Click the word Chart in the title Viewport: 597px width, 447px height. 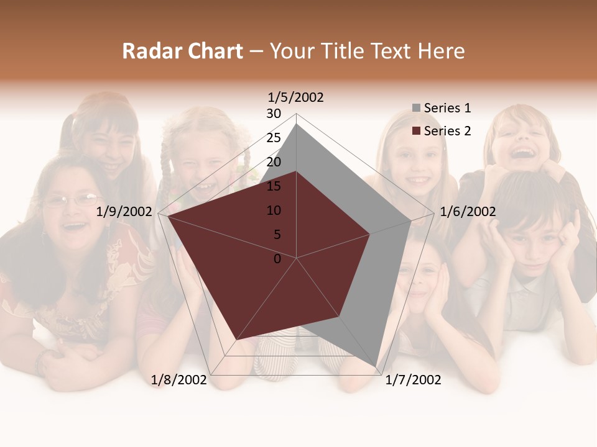point(215,51)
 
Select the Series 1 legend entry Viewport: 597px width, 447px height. point(447,108)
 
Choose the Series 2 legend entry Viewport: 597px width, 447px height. point(447,131)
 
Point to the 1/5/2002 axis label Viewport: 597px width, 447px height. point(296,97)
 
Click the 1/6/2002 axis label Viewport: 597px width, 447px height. point(468,212)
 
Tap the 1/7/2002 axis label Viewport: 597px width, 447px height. point(413,380)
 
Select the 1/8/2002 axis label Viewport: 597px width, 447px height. point(179,380)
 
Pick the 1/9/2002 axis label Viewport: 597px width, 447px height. point(124,212)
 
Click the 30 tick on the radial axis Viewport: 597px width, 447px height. point(274,114)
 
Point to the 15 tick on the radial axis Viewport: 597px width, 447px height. point(274,186)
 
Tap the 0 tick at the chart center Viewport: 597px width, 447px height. point(277,259)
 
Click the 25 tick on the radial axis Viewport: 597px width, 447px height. point(274,138)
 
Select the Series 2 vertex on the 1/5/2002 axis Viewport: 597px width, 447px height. point(297,171)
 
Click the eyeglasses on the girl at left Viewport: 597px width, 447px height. point(73,201)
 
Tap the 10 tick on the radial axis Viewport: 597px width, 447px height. point(274,210)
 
